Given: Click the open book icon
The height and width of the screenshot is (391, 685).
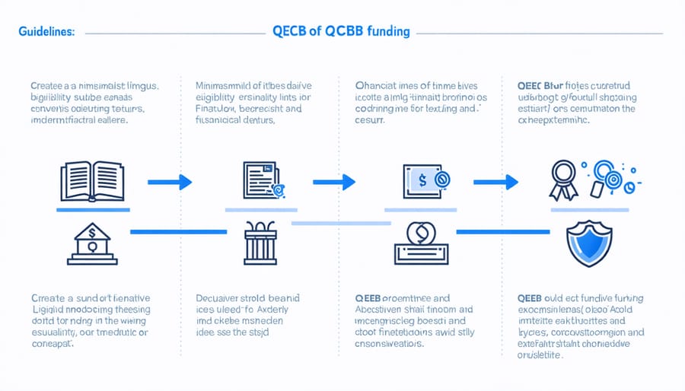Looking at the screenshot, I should [91, 181].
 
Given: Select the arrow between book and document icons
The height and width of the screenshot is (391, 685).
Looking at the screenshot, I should [169, 182].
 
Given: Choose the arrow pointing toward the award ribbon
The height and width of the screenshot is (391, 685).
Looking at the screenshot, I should [496, 182].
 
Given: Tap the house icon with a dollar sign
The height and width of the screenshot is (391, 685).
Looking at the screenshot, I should [91, 246].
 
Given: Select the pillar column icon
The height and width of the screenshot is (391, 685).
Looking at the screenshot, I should [261, 243].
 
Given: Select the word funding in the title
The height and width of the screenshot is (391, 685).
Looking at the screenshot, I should [386, 32].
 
